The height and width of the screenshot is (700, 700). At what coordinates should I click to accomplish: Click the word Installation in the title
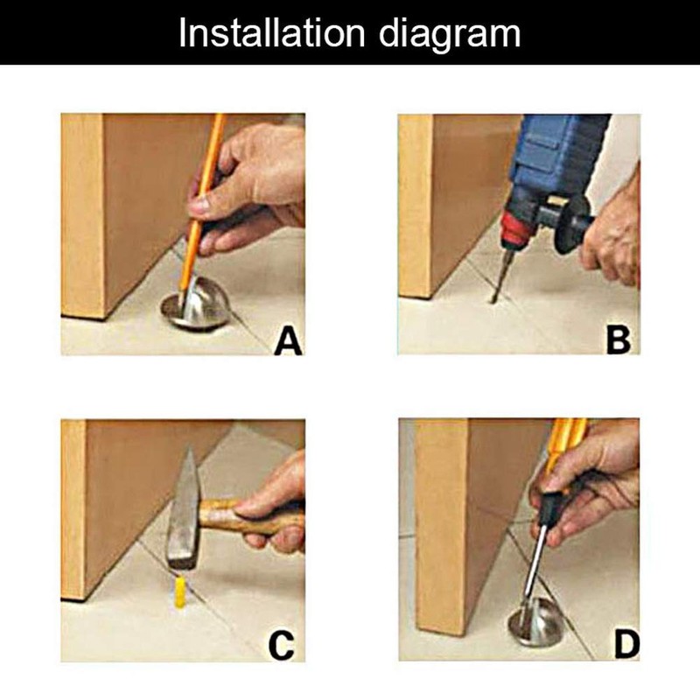272,32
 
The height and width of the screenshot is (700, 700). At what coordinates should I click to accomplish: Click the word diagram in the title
450,36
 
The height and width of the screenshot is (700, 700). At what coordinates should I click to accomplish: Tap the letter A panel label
289,341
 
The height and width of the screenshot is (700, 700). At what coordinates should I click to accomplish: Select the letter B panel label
619,340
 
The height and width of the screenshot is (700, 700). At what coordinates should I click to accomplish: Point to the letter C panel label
281,646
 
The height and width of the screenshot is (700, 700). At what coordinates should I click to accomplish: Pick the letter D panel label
626,645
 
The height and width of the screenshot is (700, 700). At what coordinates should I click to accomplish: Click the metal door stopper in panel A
196,304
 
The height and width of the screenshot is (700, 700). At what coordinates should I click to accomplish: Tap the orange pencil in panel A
202,207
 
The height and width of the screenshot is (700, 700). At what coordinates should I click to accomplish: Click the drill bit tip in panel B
493,302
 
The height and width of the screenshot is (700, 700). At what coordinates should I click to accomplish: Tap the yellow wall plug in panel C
180,592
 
